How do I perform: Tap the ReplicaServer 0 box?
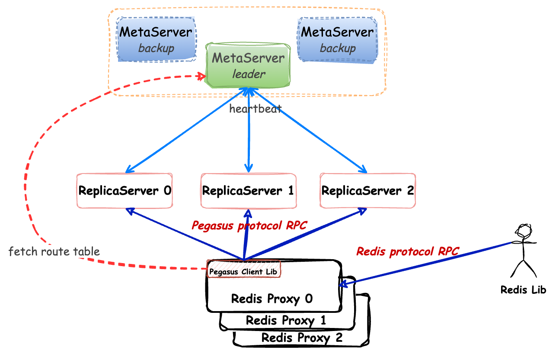(125, 190)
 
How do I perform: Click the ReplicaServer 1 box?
(248, 190)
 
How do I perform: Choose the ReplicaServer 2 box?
(367, 190)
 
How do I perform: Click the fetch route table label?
(54, 251)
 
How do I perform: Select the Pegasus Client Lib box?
(244, 271)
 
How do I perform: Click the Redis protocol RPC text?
(407, 251)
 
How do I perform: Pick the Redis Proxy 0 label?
(272, 299)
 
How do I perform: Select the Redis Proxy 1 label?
(286, 321)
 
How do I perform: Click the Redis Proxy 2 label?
(302, 337)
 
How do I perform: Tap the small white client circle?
(523, 231)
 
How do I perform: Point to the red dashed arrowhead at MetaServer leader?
(202, 77)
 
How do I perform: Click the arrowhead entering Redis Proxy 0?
(343, 284)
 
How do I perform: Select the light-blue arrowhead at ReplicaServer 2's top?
(364, 170)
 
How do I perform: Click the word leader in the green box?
(249, 74)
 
